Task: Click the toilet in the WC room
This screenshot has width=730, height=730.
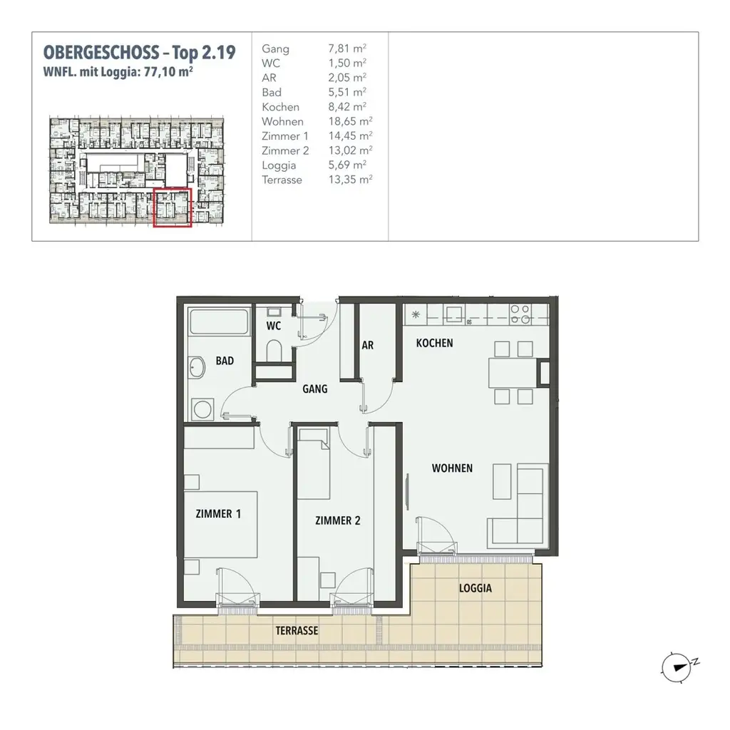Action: click(x=273, y=350)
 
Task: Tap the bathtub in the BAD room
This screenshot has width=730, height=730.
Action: click(x=218, y=323)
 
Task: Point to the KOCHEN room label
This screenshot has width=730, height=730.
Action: click(x=434, y=343)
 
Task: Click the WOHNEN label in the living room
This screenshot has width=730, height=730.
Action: click(x=452, y=468)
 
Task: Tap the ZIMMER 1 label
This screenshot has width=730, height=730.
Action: click(x=218, y=513)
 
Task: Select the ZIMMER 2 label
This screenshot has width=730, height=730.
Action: click(x=337, y=520)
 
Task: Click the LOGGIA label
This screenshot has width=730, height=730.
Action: click(x=475, y=589)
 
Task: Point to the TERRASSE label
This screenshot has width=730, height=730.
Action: click(x=297, y=631)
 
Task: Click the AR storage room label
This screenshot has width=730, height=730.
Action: click(x=368, y=345)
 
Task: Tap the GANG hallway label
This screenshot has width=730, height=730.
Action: click(x=314, y=389)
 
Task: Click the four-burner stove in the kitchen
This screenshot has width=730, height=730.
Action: click(x=520, y=314)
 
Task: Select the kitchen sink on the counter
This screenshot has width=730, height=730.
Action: click(x=453, y=314)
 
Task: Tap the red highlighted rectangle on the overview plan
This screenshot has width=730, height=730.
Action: click(x=173, y=207)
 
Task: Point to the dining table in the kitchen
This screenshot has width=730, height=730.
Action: click(x=511, y=372)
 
